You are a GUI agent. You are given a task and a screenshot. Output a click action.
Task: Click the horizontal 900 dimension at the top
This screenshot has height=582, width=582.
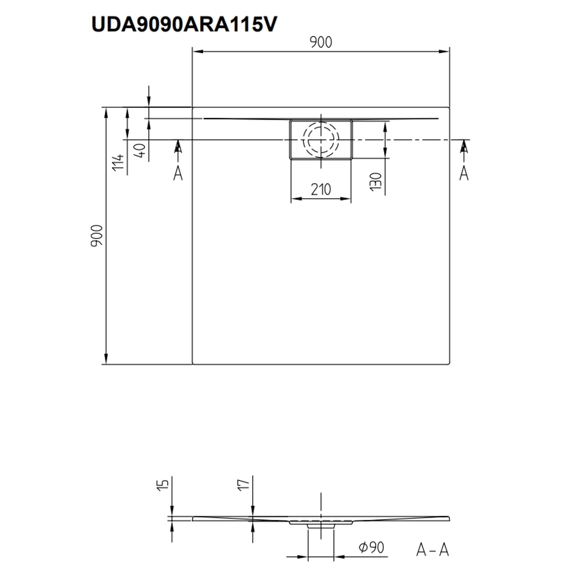click(321, 42)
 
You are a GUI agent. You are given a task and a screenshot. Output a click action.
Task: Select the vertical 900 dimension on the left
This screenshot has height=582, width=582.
click(97, 236)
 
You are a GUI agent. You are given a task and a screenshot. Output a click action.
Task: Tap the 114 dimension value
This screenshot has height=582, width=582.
click(118, 162)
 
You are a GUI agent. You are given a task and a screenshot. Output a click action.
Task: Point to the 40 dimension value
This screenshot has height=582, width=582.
click(140, 150)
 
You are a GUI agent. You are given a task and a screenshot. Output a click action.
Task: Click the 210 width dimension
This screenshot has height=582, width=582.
click(321, 189)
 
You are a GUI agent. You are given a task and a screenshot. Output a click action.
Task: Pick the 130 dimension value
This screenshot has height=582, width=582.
click(376, 182)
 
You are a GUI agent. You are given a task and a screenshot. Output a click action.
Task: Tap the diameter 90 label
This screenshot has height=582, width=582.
click(371, 547)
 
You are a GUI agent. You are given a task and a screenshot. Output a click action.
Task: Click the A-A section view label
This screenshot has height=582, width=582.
click(432, 550)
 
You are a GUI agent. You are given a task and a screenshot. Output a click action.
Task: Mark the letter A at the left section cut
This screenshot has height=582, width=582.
click(178, 173)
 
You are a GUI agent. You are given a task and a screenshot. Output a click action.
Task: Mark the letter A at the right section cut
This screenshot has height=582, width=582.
click(464, 173)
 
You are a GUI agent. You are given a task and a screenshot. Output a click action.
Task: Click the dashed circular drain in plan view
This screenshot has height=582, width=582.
click(321, 139)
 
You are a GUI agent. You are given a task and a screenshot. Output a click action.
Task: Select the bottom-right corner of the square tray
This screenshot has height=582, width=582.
click(449, 364)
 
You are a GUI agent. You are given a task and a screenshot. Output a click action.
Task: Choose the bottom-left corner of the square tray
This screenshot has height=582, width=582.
click(193, 364)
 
